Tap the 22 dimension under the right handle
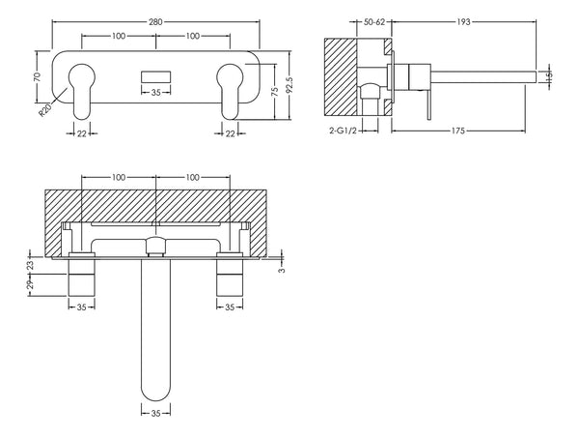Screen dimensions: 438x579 (230, 132)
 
